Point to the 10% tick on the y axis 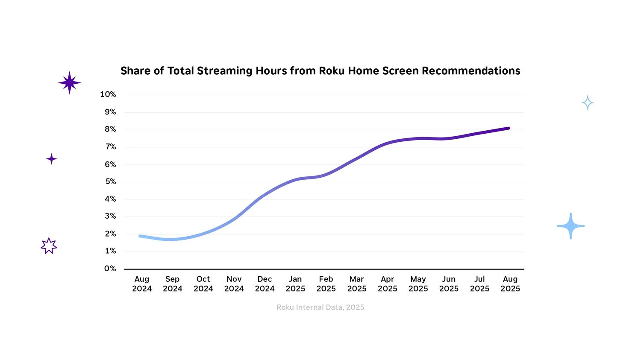tap(108, 94)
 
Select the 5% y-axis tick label tap(110, 181)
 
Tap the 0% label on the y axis tap(110, 269)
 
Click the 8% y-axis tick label tap(110, 129)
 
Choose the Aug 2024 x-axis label tap(142, 284)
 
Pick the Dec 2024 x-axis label tap(265, 284)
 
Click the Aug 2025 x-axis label tap(510, 284)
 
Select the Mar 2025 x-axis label tap(357, 284)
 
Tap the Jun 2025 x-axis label tap(449, 284)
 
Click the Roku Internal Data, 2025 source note tap(320, 307)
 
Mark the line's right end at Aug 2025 tap(508, 128)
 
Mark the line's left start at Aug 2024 tap(141, 236)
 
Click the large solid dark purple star tap(69, 83)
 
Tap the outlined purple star tap(49, 246)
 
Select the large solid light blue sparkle tap(570, 226)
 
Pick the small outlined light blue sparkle tap(588, 103)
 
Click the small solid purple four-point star tap(51, 159)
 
